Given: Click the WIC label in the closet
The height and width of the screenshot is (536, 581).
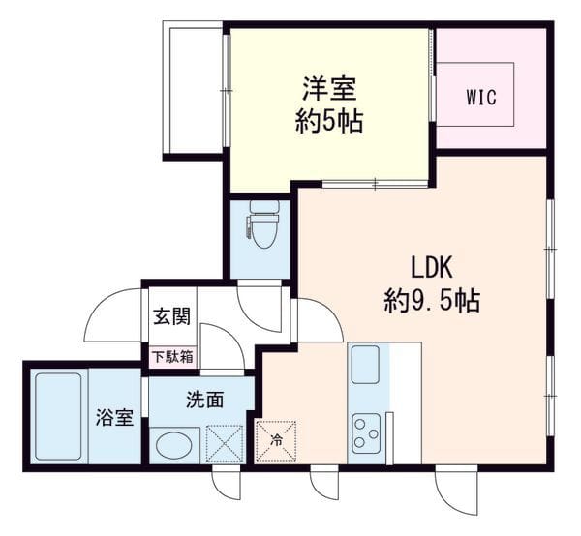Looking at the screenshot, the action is [x=481, y=98].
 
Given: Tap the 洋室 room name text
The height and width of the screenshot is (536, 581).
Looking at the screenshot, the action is [x=330, y=89].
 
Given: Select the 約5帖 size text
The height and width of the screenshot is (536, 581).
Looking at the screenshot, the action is [x=329, y=121].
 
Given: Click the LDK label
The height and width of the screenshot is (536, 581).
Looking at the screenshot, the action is [x=432, y=267].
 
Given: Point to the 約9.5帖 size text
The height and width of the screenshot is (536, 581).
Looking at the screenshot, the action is [x=432, y=301].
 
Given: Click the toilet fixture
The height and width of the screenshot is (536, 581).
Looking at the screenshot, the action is [x=263, y=224].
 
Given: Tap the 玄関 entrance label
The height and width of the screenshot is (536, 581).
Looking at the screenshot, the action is [x=172, y=317].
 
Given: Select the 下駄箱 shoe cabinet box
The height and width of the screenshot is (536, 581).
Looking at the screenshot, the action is [x=172, y=357].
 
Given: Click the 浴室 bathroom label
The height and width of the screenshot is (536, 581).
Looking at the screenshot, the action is [x=114, y=417].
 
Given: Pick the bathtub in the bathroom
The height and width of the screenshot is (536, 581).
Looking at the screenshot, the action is [x=58, y=416].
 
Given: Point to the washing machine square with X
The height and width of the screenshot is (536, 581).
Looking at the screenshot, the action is [x=225, y=444].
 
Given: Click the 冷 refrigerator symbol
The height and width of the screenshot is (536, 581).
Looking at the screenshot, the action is [x=276, y=441].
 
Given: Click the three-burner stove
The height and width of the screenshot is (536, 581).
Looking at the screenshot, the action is [x=366, y=433].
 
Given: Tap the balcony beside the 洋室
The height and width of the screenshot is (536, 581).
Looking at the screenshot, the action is [x=193, y=89].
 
